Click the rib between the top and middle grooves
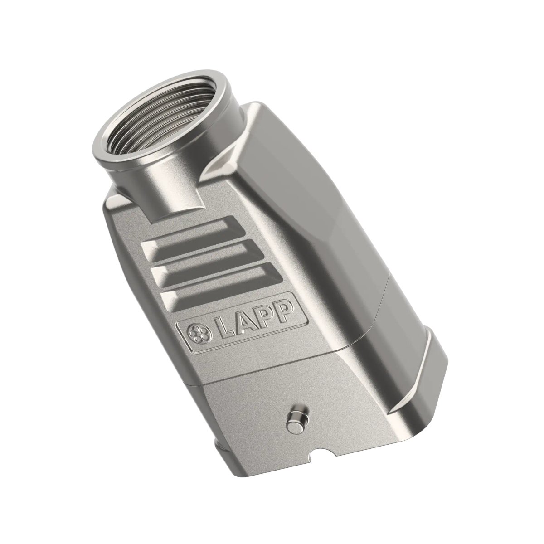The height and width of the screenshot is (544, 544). coord(199,248)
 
